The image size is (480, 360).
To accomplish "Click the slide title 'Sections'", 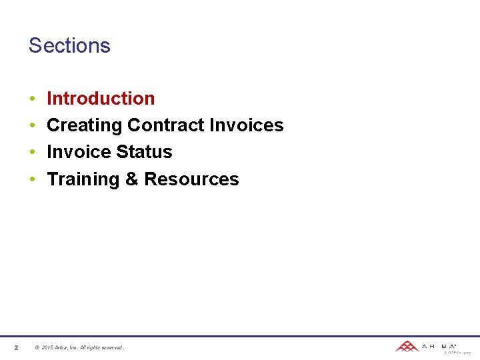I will tap(69, 45).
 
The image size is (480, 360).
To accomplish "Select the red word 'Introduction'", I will tap(101, 99).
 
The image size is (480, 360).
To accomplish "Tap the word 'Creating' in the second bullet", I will tap(85, 125).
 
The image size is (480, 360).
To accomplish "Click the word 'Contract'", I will tap(166, 125).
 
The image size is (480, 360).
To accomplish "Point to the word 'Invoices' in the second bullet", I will tap(247, 125).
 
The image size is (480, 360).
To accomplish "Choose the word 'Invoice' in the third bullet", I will tap(79, 152).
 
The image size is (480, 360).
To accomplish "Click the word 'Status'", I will tap(144, 152).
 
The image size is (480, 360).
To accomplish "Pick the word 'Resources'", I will tap(191, 179).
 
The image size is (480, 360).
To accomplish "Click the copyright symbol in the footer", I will tap(37, 347).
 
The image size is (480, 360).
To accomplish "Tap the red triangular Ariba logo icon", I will tap(407, 346).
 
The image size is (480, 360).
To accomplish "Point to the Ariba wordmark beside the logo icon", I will tap(439, 346).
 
